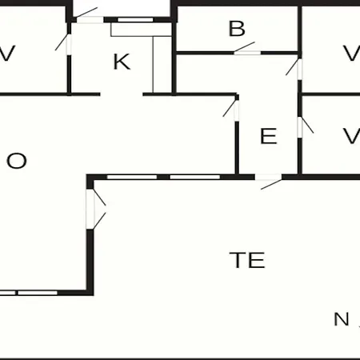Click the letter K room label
[122, 62]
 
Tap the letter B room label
[237, 28]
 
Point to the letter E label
[269, 136]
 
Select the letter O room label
[17, 161]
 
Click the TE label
[247, 260]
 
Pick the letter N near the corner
[342, 319]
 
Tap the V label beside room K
[6, 54]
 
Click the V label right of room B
[351, 53]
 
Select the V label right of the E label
[351, 136]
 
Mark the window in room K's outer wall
[135, 19]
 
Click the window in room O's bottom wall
[29, 293]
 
